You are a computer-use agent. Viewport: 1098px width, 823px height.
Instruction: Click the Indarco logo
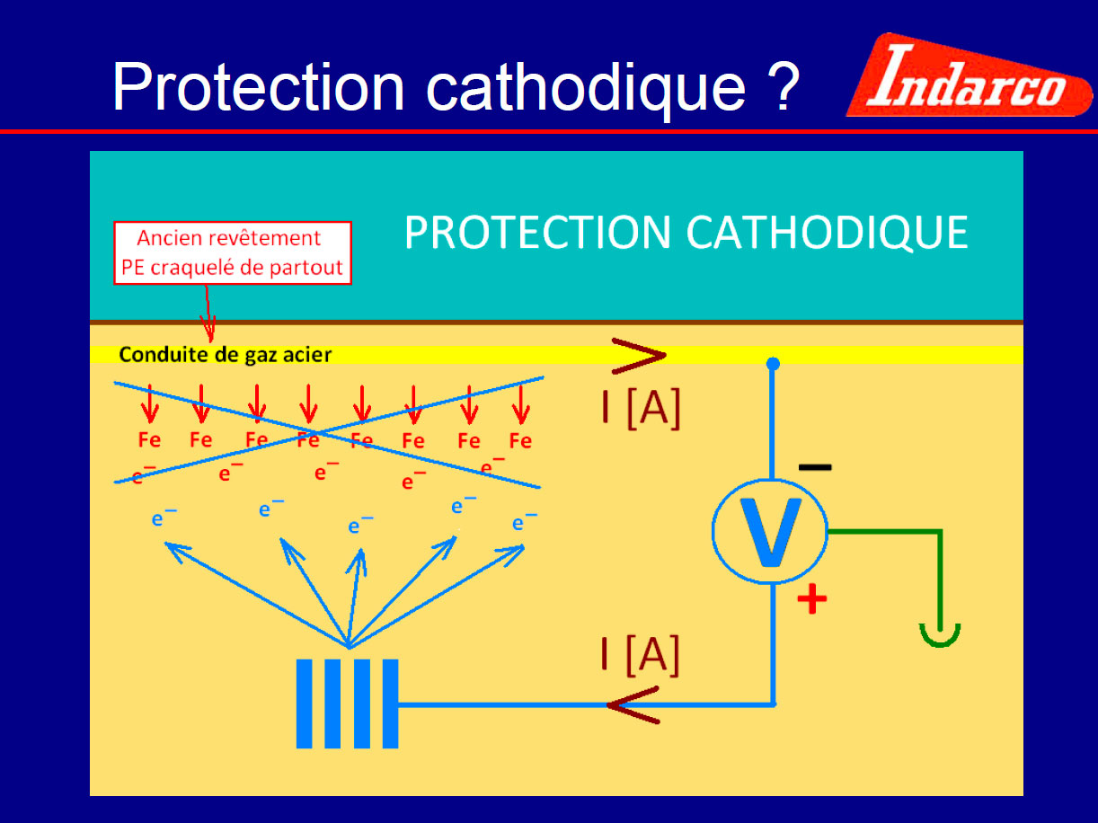970,75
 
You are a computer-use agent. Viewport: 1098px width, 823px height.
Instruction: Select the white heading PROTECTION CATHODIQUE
686,232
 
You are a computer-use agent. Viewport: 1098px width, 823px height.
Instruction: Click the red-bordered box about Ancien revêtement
233,253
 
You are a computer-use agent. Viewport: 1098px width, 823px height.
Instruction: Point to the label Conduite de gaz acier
226,355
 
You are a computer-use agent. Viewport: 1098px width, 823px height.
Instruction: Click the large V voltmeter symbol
770,532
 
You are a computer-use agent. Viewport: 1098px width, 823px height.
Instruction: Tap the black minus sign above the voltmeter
815,467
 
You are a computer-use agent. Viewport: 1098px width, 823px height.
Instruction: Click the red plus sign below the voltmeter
811,598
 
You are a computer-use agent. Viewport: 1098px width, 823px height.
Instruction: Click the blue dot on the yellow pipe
773,364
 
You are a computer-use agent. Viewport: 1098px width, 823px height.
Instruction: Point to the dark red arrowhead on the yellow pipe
639,356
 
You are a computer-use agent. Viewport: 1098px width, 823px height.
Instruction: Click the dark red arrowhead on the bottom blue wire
633,705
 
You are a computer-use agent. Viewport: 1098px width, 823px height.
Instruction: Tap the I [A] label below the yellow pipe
642,408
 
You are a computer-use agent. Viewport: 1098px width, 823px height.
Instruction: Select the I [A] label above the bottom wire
641,655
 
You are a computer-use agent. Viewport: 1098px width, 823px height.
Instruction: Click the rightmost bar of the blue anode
390,704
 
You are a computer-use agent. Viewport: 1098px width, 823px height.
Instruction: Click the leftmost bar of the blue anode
304,704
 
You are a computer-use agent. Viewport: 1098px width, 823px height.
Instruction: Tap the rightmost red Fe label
520,441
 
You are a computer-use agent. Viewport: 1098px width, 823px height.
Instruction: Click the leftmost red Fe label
149,440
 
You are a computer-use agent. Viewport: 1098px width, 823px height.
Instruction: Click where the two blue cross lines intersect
316,432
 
